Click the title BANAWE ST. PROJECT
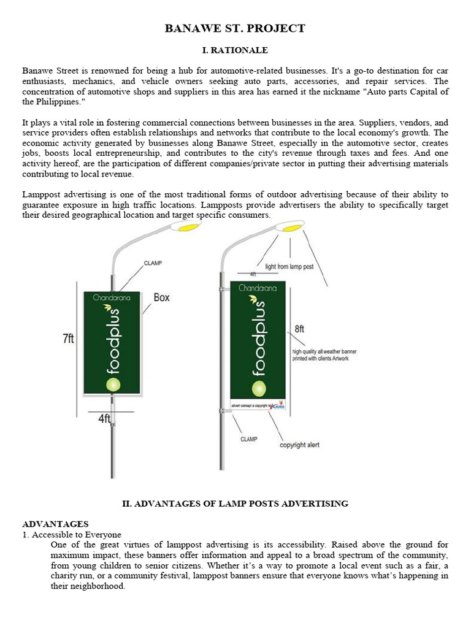(x=235, y=28)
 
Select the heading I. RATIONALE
(x=235, y=50)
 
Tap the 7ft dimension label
(x=67, y=339)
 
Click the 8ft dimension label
(x=299, y=329)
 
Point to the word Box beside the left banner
(x=161, y=297)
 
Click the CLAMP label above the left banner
(x=153, y=263)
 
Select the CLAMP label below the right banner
(x=249, y=439)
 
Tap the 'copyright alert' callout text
(x=299, y=445)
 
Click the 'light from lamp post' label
(x=289, y=267)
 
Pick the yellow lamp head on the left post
(x=188, y=227)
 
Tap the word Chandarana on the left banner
(x=112, y=298)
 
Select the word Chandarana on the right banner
(x=258, y=287)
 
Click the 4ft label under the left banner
(x=104, y=419)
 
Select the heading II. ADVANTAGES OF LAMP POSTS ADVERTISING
(x=235, y=504)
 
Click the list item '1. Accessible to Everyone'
(x=72, y=534)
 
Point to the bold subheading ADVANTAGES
(x=55, y=524)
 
